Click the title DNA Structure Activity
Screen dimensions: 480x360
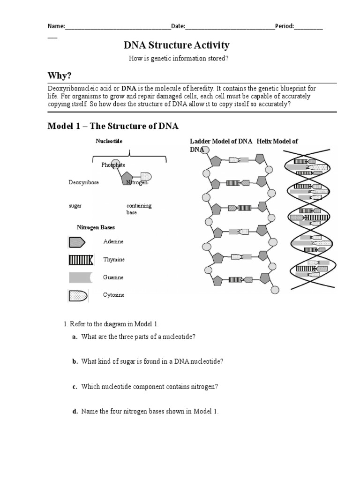(176, 45)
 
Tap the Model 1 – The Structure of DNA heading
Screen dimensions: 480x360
(113, 126)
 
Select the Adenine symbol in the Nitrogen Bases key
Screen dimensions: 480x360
(77, 242)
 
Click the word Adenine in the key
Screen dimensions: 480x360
(113, 242)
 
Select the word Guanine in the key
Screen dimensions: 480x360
(113, 277)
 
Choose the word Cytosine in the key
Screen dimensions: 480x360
(113, 295)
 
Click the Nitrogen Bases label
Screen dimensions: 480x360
(96, 227)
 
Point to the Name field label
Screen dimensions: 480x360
(57, 26)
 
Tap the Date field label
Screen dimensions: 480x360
(178, 26)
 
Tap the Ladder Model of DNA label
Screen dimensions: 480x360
(221, 141)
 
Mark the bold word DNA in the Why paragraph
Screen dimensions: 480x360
(129, 88)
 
